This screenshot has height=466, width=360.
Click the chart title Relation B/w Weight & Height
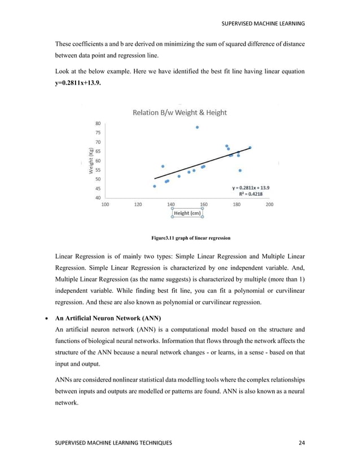pos(179,112)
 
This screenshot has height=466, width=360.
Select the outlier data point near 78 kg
pos(197,128)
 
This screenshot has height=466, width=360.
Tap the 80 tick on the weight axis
pos(98,124)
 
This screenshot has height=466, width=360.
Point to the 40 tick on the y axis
pos(98,197)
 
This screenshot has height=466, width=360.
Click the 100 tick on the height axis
pos(106,205)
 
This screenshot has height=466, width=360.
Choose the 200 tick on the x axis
pos(269,205)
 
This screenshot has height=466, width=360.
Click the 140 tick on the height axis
pos(171,205)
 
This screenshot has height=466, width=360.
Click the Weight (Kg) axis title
pos(90,161)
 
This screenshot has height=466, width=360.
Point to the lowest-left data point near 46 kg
pos(155,186)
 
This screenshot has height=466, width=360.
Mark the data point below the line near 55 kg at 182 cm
pos(240,170)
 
